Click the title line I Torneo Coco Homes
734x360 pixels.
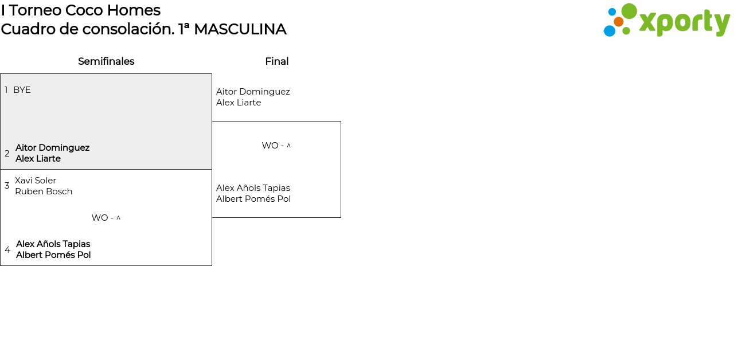(x=81, y=10)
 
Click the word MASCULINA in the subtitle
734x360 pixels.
(x=240, y=29)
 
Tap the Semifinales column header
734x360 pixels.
(x=106, y=61)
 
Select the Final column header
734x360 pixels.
(x=276, y=61)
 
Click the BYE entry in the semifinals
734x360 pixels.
(x=22, y=90)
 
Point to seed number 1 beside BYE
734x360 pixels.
(x=6, y=90)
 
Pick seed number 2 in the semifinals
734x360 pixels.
(x=7, y=154)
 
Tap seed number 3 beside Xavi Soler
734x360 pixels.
(x=7, y=186)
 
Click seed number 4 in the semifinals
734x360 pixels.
(x=7, y=250)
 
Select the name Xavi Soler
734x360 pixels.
(x=36, y=181)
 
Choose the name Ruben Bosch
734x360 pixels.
(x=44, y=191)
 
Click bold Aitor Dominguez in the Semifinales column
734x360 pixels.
(x=52, y=148)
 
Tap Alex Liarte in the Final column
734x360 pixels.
(x=239, y=103)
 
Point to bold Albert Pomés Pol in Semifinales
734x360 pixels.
(x=53, y=255)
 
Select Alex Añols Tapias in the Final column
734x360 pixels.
(x=253, y=188)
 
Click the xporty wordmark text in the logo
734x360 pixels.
(x=684, y=23)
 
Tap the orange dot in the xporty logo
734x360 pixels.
(x=619, y=22)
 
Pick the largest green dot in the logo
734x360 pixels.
(x=629, y=11)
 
